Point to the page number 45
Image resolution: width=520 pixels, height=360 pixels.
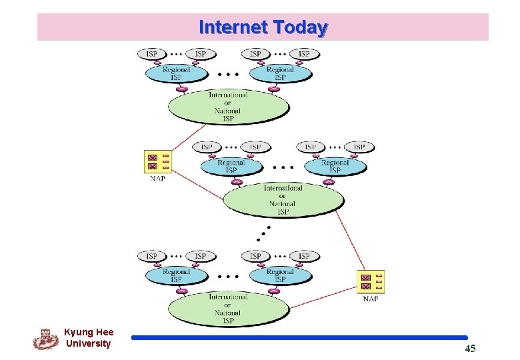pos(470,349)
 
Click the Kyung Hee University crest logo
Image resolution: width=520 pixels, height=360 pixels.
pos(45,338)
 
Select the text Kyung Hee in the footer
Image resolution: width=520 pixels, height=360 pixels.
pos(89,332)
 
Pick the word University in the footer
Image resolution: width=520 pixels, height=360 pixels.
pos(89,343)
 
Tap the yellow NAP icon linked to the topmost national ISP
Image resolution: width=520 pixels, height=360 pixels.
pos(159,161)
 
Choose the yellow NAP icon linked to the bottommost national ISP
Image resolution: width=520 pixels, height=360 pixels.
pos(371,281)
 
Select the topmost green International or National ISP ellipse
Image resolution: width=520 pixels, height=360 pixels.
pos(228,107)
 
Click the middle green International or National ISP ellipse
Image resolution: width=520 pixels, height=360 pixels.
pos(283,200)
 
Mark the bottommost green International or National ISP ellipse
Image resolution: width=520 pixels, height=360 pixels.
pos(228,309)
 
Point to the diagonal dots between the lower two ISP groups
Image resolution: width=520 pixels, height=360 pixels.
pos(264,234)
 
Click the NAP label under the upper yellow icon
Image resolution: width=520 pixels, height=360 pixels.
pos(157,178)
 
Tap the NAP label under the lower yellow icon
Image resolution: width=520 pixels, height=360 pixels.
pos(371,299)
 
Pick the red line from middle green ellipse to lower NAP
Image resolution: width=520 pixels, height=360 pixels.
pos(353,240)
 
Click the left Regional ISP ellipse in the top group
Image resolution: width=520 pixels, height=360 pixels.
pos(176,73)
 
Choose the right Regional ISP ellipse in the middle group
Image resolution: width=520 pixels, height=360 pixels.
pos(335,167)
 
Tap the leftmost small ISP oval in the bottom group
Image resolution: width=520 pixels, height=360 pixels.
pos(152,256)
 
